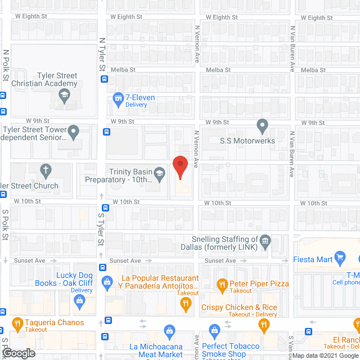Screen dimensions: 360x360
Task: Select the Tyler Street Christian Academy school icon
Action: [x=66, y=95]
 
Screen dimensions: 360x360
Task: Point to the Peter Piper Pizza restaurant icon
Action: [x=222, y=283]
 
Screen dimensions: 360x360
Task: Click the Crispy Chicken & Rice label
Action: [x=240, y=307]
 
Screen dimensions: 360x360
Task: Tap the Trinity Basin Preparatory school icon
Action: [x=160, y=172]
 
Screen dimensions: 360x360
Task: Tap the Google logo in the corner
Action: [x=18, y=353]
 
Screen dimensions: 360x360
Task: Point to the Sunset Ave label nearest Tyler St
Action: [x=125, y=261]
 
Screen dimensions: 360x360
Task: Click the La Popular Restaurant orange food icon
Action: [x=186, y=305]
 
